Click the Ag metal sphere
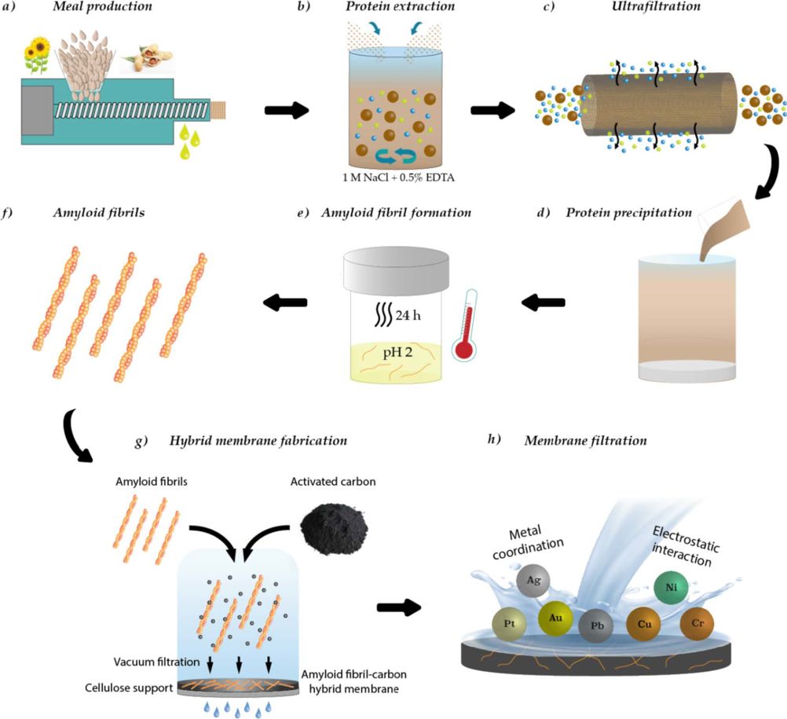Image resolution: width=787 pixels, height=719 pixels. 533,581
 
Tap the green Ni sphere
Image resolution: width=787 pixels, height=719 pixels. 671,587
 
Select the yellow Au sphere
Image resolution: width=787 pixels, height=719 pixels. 555,618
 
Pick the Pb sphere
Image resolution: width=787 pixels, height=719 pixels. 596,626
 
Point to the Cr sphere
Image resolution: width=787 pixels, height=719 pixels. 697,624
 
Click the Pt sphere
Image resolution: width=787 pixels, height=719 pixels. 509,624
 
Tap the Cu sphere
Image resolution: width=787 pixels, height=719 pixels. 644,624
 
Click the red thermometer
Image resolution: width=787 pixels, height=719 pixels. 465,325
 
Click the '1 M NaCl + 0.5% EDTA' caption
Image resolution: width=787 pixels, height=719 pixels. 398,178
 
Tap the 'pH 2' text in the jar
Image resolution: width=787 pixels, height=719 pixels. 397,352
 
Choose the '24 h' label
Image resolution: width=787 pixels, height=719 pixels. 408,315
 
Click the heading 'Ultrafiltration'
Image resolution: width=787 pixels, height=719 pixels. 656,6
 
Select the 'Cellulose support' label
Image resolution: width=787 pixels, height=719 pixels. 129,688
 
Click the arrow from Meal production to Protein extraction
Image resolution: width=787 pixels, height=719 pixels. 287,110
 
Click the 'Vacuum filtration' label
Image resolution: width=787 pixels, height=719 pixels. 156,662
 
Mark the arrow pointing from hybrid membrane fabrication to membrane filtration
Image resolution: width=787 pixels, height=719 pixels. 399,607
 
